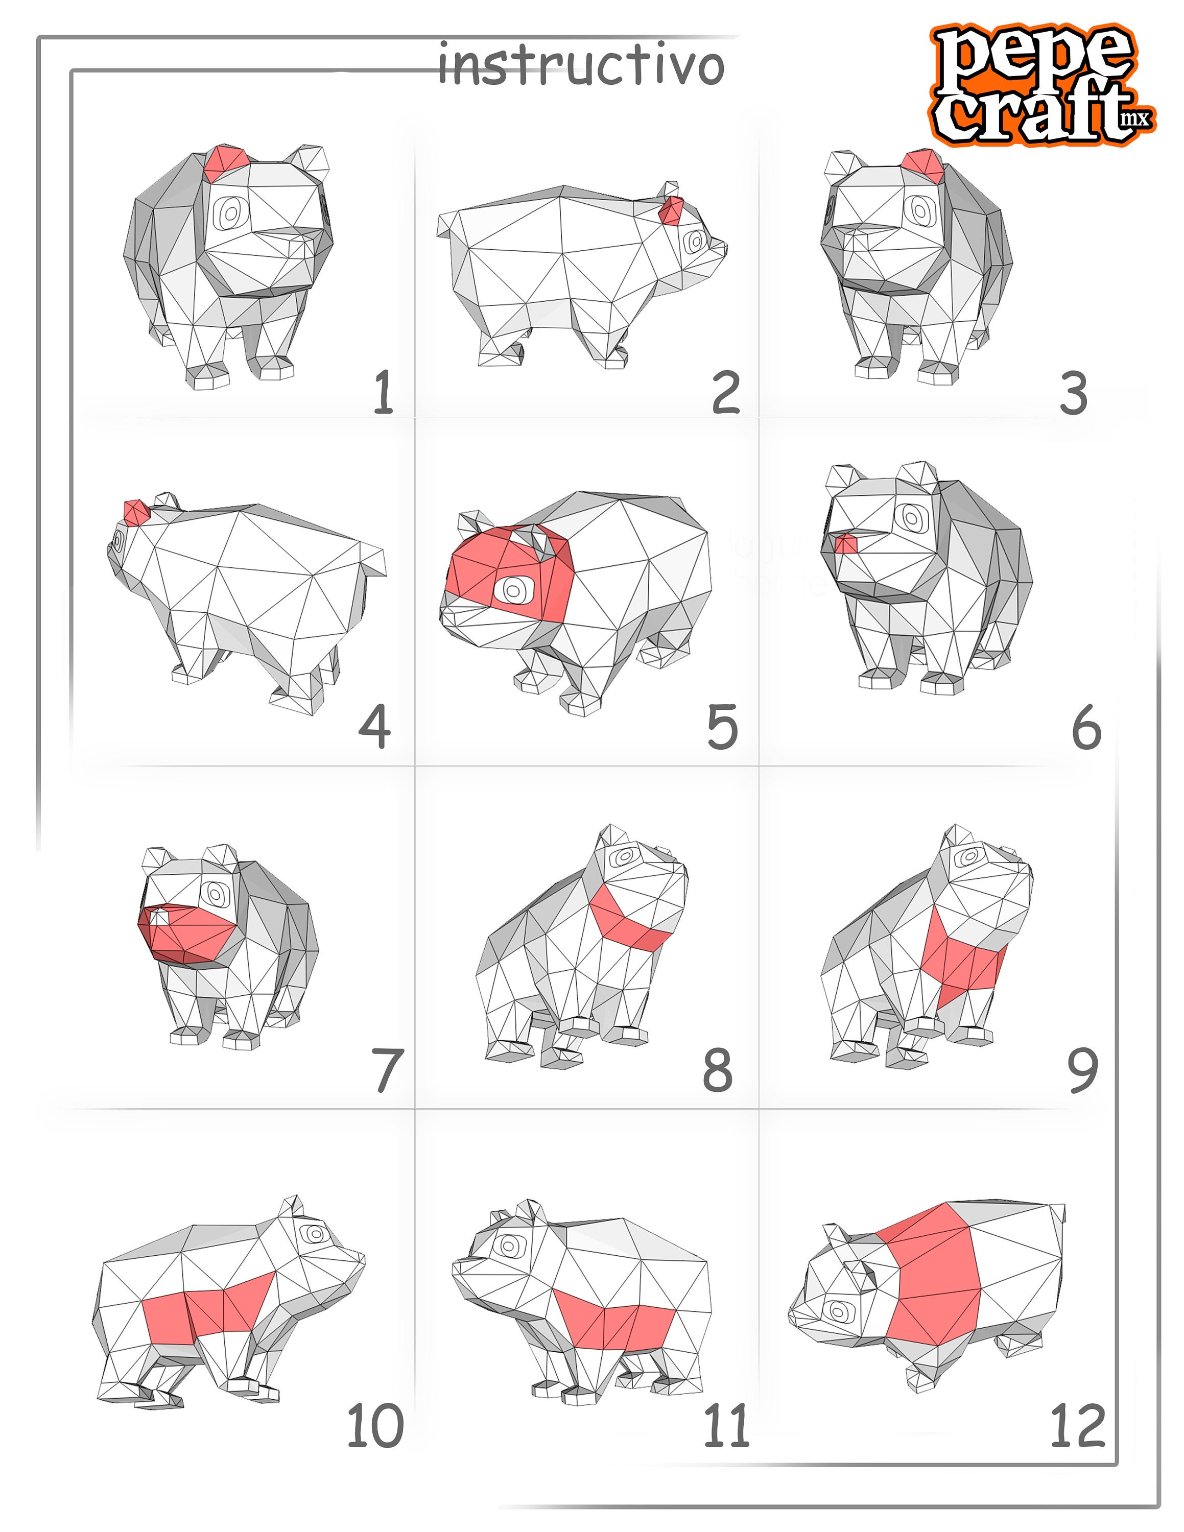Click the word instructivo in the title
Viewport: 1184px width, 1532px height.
tap(580, 65)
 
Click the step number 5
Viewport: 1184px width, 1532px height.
tap(722, 727)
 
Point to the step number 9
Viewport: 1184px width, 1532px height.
tap(1082, 1070)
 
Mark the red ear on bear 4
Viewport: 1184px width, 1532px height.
tap(136, 511)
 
